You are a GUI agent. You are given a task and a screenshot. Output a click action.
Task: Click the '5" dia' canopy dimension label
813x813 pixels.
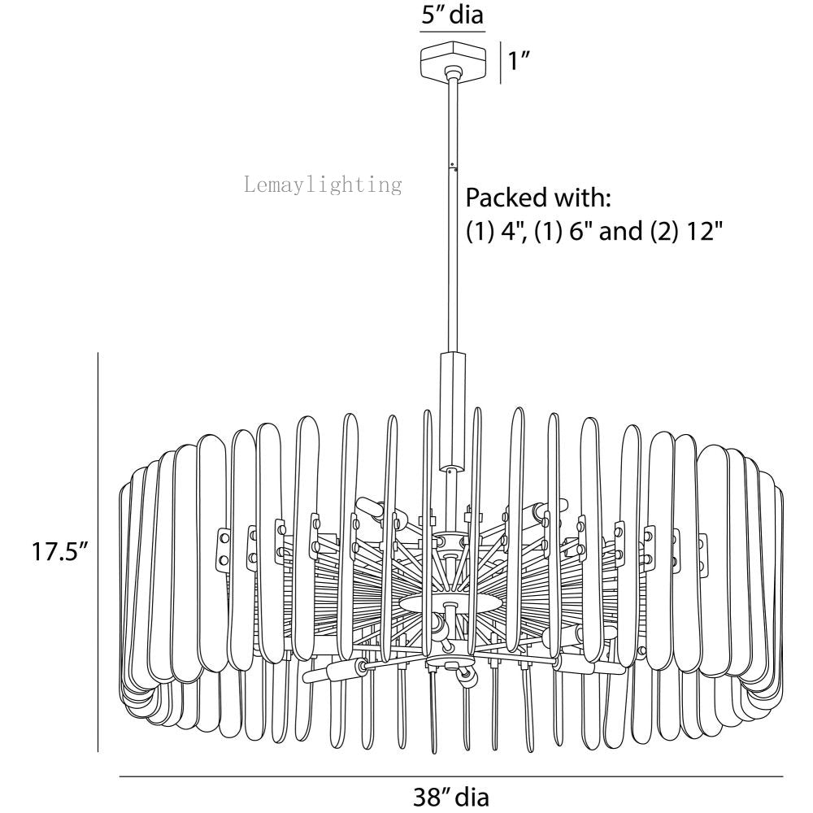pyautogui.click(x=452, y=14)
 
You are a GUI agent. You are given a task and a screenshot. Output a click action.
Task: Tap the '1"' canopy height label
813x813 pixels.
pyautogui.click(x=518, y=61)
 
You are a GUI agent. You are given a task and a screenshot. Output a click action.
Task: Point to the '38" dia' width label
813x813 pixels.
pyautogui.click(x=450, y=796)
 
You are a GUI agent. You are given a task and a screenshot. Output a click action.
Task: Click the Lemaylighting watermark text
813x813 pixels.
pyautogui.click(x=323, y=185)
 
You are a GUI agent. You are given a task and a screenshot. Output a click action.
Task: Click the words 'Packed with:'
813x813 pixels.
pyautogui.click(x=538, y=198)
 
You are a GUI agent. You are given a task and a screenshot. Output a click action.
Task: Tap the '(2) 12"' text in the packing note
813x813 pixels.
pyautogui.click(x=686, y=230)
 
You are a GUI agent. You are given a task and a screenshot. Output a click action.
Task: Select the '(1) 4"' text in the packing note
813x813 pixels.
pyautogui.click(x=494, y=230)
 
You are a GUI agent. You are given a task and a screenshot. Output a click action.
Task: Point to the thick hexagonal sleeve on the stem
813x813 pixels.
pyautogui.click(x=452, y=411)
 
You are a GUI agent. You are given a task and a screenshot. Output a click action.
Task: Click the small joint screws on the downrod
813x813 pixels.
pyautogui.click(x=453, y=166)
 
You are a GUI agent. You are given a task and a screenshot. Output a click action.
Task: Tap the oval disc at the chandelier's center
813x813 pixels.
pyautogui.click(x=451, y=603)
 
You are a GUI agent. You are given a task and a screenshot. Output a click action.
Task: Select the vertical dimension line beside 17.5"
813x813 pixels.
pyautogui.click(x=98, y=552)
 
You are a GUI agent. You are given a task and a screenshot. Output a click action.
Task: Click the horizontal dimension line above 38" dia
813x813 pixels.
pyautogui.click(x=451, y=776)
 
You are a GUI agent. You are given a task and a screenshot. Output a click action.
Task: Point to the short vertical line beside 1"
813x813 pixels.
pyautogui.click(x=500, y=63)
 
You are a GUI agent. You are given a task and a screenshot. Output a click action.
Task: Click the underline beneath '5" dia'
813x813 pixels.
pyautogui.click(x=452, y=32)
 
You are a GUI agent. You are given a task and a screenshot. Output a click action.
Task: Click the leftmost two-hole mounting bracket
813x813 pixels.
pyautogui.click(x=223, y=549)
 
